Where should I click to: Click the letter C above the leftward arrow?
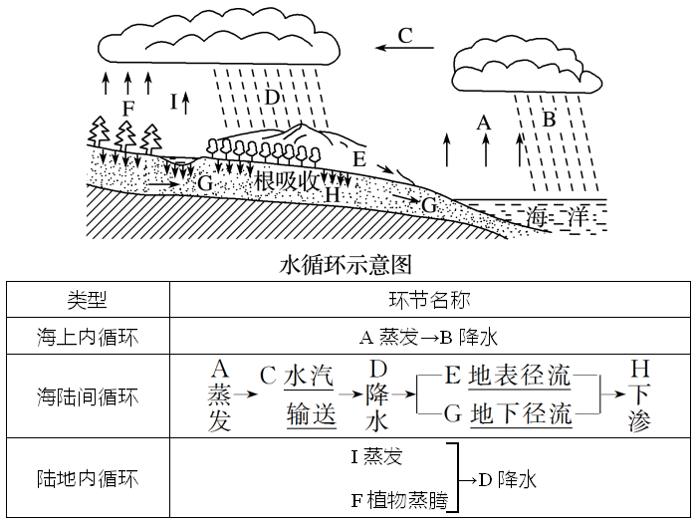pos(404,35)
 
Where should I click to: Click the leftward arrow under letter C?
pos(406,47)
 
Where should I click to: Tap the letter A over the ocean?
pos(485,122)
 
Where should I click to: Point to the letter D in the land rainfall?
pos(270,97)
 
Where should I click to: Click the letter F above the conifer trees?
pos(126,108)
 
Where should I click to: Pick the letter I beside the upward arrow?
pos(173,101)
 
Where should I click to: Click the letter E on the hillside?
pos(359,158)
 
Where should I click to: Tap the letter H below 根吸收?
pos(333,195)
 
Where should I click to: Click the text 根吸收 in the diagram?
pos(287,181)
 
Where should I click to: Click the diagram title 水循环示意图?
pos(347,265)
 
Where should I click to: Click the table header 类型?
pos(87,300)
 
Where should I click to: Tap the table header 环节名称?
pos(429,300)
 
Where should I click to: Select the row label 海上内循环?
pos(87,337)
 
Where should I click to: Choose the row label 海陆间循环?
pos(87,397)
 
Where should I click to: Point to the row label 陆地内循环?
pos(87,479)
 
